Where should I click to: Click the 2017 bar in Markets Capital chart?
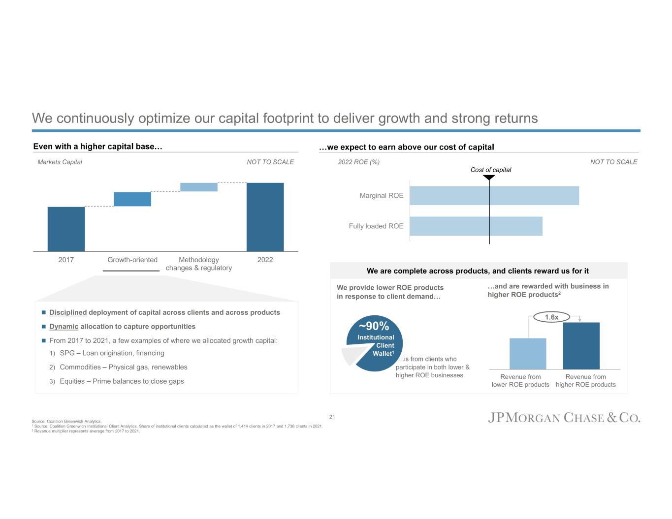click(x=66, y=229)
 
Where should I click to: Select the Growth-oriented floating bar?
click(x=132, y=199)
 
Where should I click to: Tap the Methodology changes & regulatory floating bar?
click(x=199, y=187)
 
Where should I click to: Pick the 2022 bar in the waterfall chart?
click(x=265, y=217)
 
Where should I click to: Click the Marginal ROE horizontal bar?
click(x=494, y=195)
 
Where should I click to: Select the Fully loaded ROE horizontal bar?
click(x=476, y=226)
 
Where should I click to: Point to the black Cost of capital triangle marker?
click(x=489, y=178)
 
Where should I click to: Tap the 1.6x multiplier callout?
click(x=552, y=317)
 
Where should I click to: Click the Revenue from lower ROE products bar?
click(x=528, y=354)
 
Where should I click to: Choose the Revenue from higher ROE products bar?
click(x=581, y=346)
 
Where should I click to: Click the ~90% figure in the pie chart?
click(x=374, y=326)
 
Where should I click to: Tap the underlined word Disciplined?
click(x=68, y=312)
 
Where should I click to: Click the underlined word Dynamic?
click(x=64, y=327)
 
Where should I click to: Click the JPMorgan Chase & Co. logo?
click(x=564, y=418)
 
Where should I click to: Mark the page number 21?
click(x=332, y=417)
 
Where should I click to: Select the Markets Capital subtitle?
click(x=60, y=162)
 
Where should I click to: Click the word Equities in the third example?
click(x=72, y=381)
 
